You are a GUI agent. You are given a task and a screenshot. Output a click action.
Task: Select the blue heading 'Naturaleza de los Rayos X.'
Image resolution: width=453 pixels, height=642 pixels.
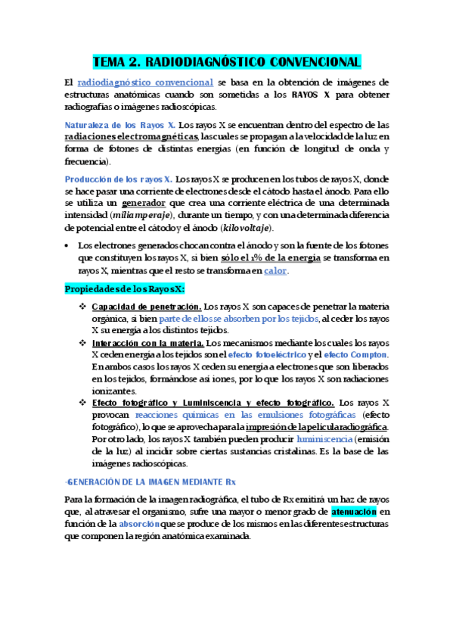pyautogui.click(x=120, y=125)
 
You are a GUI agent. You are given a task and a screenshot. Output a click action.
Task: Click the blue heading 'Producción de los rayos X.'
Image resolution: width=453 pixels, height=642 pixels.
pyautogui.click(x=118, y=179)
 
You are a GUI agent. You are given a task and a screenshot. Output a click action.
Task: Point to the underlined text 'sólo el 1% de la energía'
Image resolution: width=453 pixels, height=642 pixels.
pyautogui.click(x=265, y=258)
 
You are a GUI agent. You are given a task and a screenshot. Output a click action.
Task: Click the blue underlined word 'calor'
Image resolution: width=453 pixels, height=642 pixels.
pyautogui.click(x=276, y=270)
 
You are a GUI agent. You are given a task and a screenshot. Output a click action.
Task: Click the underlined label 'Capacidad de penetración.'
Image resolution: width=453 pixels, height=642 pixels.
pyautogui.click(x=146, y=307)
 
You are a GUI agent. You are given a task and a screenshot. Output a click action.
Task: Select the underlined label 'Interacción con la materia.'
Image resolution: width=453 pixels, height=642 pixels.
pyautogui.click(x=147, y=343)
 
